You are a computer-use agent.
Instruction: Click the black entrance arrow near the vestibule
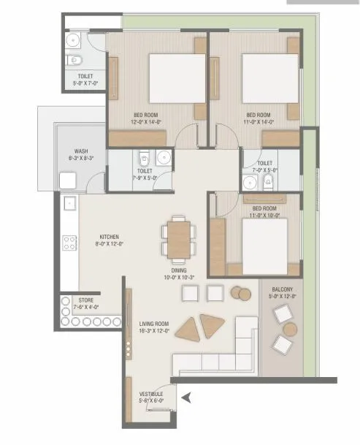(187, 398)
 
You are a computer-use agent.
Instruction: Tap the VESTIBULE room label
(151, 394)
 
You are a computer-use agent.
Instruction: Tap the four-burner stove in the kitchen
(70, 243)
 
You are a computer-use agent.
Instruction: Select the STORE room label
(87, 299)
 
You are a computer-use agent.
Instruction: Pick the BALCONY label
(280, 290)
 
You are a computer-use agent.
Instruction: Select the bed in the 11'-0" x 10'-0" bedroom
(264, 240)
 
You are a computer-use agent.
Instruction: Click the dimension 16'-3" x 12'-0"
(154, 330)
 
